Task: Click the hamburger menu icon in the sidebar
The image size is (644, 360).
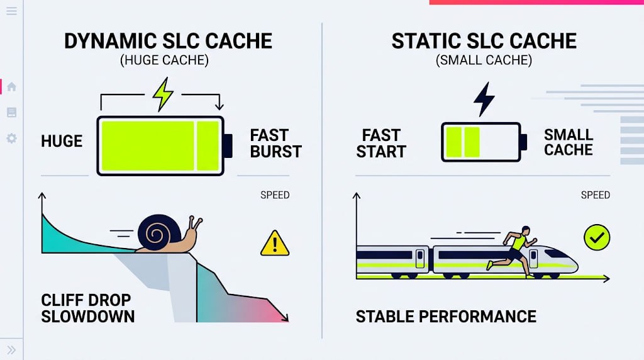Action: point(11,11)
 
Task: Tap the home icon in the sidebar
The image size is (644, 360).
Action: point(11,87)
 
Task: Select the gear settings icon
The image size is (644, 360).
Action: point(11,138)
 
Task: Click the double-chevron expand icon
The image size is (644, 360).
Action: point(11,350)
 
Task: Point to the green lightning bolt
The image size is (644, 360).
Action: point(163,94)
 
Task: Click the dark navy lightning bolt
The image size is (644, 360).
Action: point(484,99)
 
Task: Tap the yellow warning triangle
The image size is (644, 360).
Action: point(275,244)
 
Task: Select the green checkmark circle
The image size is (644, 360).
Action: point(597,237)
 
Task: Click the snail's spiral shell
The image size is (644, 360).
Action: point(158,232)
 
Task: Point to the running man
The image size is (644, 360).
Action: point(512,250)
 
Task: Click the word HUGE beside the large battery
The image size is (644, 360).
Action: point(62,142)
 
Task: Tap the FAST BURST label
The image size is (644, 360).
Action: point(275,143)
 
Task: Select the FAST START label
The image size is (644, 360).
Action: point(380,143)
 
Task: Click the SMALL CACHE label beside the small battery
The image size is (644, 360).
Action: point(569,142)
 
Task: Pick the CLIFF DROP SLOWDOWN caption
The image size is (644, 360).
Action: point(88,308)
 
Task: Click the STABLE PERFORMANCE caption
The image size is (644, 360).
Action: point(446,317)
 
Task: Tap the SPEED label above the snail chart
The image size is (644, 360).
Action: point(275,195)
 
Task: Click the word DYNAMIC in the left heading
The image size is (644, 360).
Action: point(111,41)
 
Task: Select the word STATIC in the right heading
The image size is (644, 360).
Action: point(425,41)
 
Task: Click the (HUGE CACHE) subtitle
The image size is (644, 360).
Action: point(164,60)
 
